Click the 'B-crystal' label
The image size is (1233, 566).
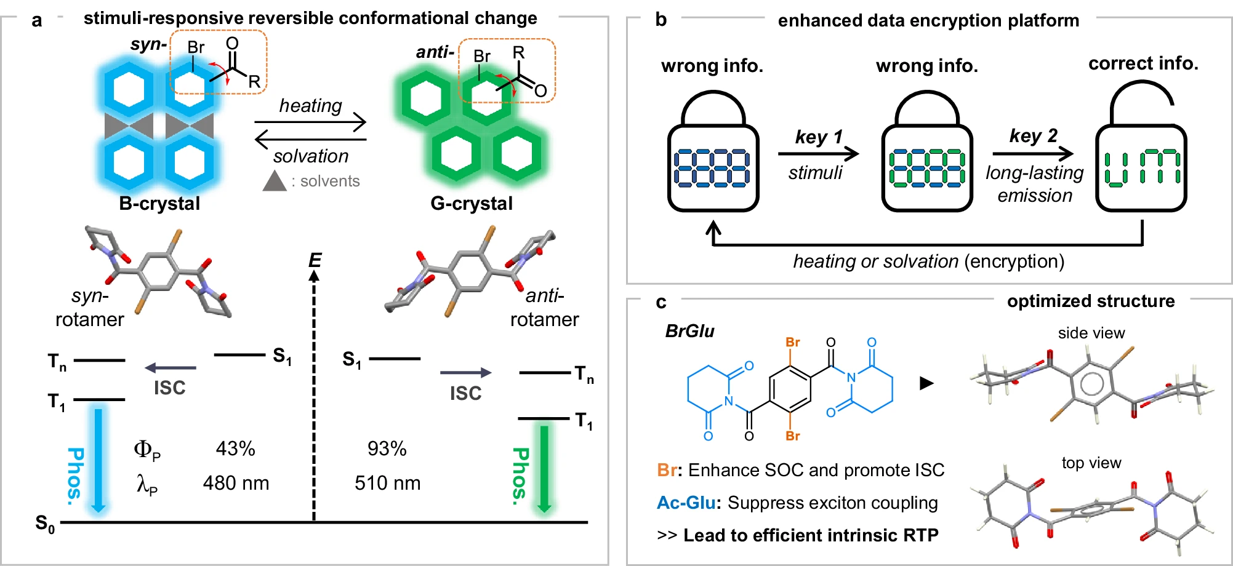click(x=159, y=204)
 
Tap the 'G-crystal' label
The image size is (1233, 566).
click(x=472, y=204)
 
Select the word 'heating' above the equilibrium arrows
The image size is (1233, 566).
click(x=310, y=106)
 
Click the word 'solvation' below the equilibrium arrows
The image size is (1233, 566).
click(x=311, y=156)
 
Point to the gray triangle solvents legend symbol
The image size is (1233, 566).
click(x=275, y=181)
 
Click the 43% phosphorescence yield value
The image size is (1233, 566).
click(x=235, y=448)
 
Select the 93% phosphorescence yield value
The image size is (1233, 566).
click(x=387, y=448)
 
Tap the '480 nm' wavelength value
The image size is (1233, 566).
click(x=236, y=483)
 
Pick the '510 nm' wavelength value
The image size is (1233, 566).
click(x=387, y=483)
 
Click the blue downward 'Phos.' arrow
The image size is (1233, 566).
click(x=98, y=458)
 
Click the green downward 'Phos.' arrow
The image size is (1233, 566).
click(x=544, y=468)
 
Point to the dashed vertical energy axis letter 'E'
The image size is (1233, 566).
click(x=315, y=260)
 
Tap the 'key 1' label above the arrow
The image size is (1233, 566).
click(x=818, y=137)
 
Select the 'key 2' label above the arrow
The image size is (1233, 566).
click(x=1033, y=135)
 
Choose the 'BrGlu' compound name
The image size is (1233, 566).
click(x=689, y=332)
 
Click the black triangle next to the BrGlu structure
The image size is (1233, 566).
click(x=926, y=383)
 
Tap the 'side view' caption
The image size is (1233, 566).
click(x=1091, y=333)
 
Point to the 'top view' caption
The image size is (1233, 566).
click(x=1091, y=463)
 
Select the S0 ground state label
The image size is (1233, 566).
click(x=45, y=524)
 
